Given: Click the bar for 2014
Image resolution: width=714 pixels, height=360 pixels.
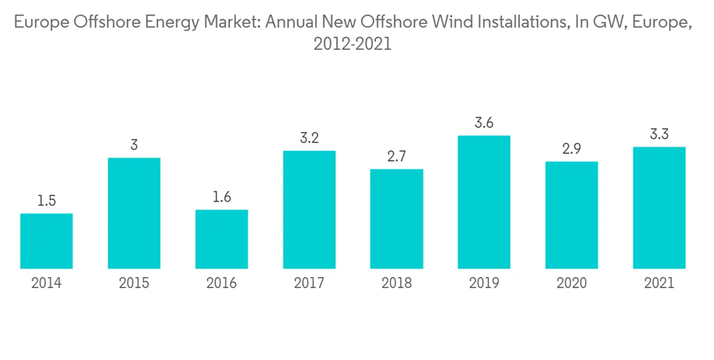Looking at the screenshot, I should (46, 241).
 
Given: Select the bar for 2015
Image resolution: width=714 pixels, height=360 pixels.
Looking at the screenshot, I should (134, 214).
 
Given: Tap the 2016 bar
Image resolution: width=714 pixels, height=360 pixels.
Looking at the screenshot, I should (221, 239).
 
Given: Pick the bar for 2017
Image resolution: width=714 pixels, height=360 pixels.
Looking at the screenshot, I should (309, 210).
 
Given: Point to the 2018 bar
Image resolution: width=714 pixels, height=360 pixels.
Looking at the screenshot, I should (397, 219).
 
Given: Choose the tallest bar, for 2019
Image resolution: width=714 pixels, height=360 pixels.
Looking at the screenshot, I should (484, 202).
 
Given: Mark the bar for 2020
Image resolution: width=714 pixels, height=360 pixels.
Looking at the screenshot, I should (572, 215).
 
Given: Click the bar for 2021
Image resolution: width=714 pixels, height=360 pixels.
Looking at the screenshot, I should (659, 208).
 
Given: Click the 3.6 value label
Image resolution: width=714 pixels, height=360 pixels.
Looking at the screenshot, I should (484, 123).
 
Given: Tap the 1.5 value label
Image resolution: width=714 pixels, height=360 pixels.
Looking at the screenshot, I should (46, 201).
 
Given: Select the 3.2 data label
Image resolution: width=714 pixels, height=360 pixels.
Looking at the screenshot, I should (309, 139).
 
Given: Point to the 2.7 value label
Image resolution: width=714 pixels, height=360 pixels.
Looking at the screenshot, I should (397, 157).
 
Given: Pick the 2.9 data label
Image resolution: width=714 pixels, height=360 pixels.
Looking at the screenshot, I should (572, 149).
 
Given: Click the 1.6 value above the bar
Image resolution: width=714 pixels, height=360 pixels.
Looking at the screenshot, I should (221, 197).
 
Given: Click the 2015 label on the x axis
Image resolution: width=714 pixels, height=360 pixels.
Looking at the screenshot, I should (134, 284).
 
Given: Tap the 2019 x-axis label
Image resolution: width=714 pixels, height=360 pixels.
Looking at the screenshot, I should (484, 284).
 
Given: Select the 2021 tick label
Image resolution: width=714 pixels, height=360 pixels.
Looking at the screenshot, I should (659, 284).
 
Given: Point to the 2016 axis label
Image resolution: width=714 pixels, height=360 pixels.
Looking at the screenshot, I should (221, 284).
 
